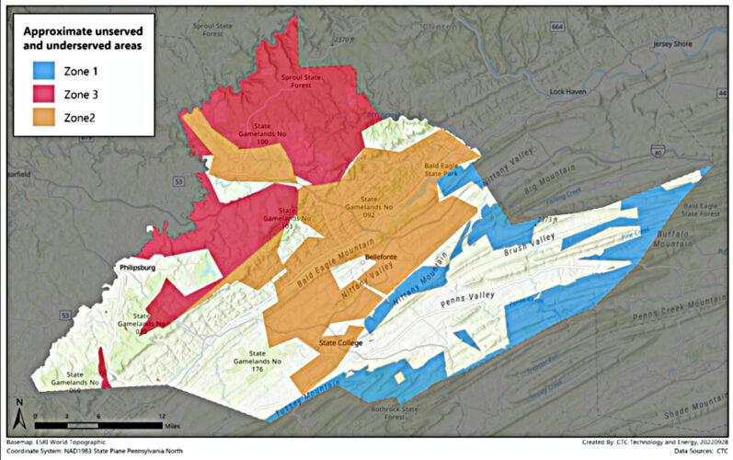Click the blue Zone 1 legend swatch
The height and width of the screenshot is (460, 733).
click(40, 69)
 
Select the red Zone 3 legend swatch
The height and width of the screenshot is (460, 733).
click(40, 93)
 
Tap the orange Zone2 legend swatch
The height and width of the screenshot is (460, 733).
click(40, 117)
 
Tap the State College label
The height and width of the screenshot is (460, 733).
click(341, 343)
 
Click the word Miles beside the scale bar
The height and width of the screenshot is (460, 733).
click(178, 426)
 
